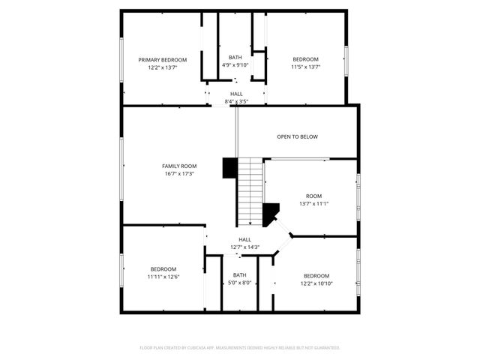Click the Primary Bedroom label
163,59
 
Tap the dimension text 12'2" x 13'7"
163,67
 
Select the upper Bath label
235,57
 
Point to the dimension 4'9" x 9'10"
235,65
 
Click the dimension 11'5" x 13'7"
305,67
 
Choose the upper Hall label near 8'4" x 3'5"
236,94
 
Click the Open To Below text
298,136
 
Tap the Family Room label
179,166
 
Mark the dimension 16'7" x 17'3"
179,174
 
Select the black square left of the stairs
229,167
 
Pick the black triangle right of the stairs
271,214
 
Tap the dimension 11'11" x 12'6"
163,277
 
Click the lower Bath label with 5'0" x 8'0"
239,279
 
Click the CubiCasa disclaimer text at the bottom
240,348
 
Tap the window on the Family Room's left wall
121,169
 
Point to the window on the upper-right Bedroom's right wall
346,60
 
